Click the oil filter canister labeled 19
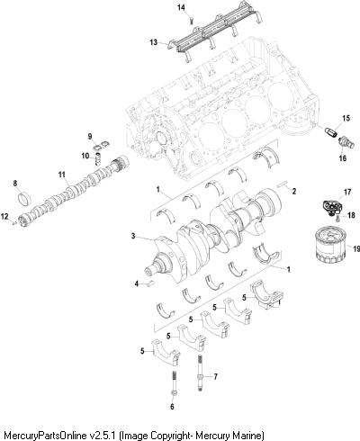pos(330,245)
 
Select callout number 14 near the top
pos(181,7)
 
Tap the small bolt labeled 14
pos(192,21)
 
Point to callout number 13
pos(153,42)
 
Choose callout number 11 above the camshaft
pos(61,175)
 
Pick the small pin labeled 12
pos(14,222)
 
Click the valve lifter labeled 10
pos(98,158)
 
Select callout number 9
pos(90,137)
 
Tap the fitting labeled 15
pos(331,131)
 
